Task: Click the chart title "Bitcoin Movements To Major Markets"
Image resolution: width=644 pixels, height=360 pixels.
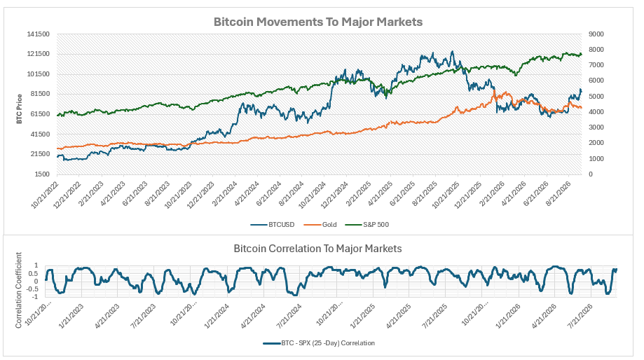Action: click(x=318, y=22)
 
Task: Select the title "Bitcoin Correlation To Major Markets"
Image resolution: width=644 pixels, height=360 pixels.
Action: click(x=317, y=249)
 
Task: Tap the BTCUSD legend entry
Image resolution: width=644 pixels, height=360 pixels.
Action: click(x=273, y=225)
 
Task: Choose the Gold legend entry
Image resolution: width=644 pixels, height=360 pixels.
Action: click(x=320, y=225)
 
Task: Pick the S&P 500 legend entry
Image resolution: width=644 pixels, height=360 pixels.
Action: click(x=366, y=225)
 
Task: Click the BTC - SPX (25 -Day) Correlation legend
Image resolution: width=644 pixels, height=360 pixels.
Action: click(x=319, y=342)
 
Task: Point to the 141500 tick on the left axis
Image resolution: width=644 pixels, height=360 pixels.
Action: click(x=39, y=34)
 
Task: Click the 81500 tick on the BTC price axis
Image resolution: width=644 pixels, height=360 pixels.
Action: click(x=40, y=94)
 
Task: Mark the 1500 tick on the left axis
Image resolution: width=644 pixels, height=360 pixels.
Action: click(x=42, y=174)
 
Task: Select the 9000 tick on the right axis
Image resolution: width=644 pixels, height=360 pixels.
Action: click(x=596, y=34)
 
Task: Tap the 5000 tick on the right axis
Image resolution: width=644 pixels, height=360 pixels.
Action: click(x=596, y=97)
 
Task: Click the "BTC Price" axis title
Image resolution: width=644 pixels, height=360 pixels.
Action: click(x=20, y=109)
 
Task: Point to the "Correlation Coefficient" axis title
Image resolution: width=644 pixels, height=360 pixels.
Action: click(x=18, y=290)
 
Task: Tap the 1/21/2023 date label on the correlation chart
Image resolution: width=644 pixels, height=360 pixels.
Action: click(x=71, y=316)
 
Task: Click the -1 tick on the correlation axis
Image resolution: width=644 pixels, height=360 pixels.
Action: click(x=37, y=297)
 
